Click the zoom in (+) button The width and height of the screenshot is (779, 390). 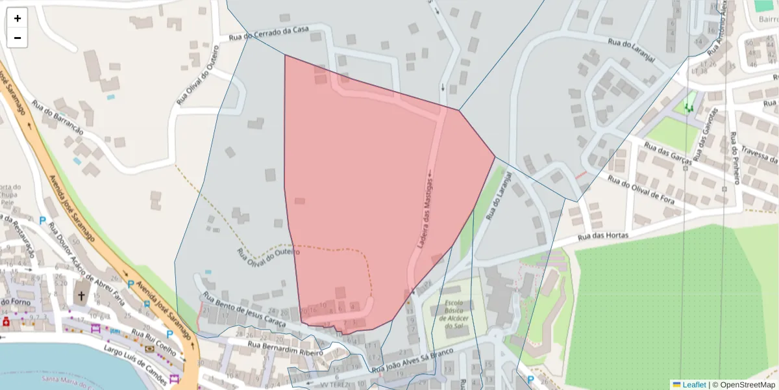click(18, 18)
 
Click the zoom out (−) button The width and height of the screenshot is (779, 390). click(18, 38)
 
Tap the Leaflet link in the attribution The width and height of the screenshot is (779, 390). click(694, 384)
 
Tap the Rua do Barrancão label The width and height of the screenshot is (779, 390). click(58, 118)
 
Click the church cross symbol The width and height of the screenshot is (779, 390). click(82, 296)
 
